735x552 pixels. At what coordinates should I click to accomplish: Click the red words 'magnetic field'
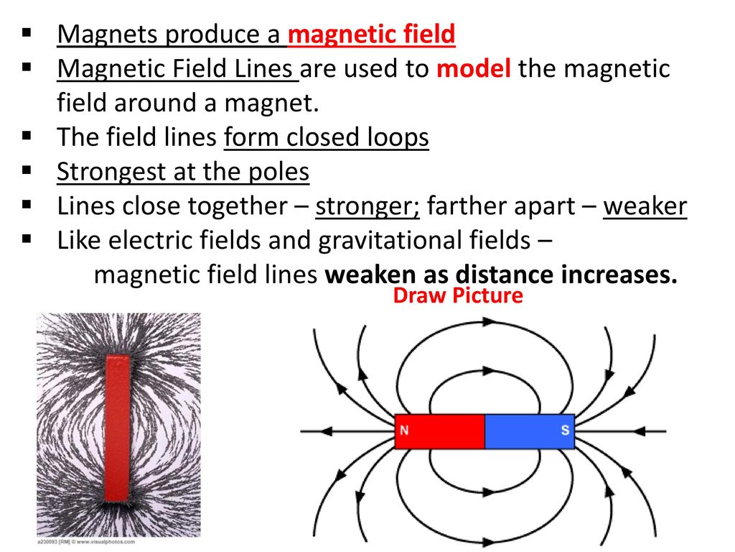[371, 34]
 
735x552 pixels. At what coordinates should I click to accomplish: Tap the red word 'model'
[474, 68]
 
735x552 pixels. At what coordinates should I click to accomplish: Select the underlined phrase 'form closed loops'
[327, 138]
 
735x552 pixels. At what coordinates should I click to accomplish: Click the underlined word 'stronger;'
[367, 206]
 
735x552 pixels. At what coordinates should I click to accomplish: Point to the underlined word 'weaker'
[645, 206]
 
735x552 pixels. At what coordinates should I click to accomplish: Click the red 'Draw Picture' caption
[458, 295]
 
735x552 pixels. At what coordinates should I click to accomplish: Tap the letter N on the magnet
[404, 430]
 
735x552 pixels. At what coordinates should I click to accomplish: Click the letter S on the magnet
[566, 430]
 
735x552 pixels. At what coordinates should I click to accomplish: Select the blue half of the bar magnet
[530, 431]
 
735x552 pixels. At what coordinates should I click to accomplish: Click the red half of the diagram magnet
[440, 431]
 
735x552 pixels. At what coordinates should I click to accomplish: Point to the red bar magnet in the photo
[117, 428]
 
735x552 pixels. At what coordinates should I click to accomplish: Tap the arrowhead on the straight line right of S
[640, 431]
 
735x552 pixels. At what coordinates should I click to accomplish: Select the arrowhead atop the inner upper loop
[489, 371]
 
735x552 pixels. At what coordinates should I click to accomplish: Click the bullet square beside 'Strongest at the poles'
[27, 170]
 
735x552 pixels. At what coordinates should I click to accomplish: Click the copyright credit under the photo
[86, 542]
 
